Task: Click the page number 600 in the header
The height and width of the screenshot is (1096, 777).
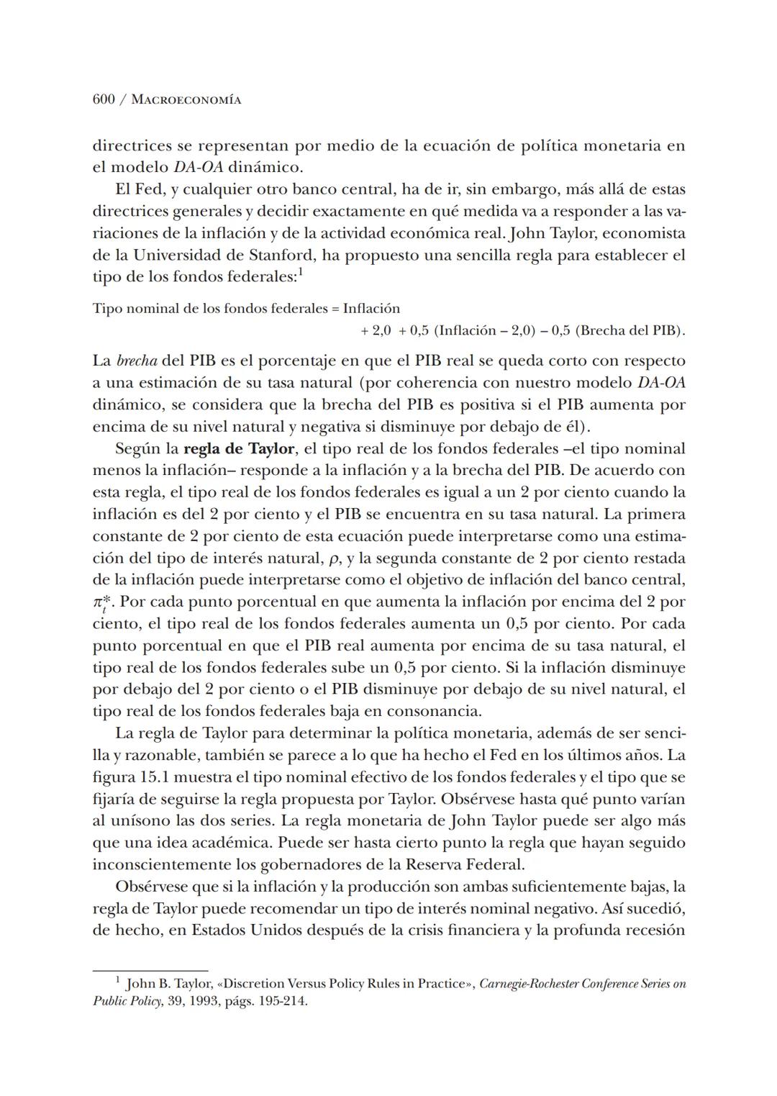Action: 104,100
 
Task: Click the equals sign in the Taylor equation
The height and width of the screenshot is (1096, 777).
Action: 335,309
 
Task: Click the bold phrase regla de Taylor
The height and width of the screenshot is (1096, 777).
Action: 239,449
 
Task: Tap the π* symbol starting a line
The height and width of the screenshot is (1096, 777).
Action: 100,602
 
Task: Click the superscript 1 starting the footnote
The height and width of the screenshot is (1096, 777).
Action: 118,980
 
